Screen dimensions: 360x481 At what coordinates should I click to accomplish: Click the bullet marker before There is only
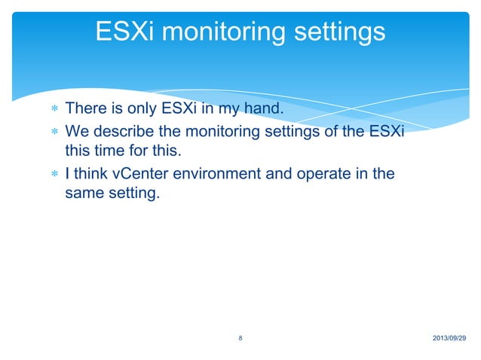(54, 111)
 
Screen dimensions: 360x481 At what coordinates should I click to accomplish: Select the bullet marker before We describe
(54, 133)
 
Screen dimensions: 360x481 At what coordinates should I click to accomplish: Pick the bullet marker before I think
(54, 175)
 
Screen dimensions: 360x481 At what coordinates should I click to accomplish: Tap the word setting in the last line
(135, 195)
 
